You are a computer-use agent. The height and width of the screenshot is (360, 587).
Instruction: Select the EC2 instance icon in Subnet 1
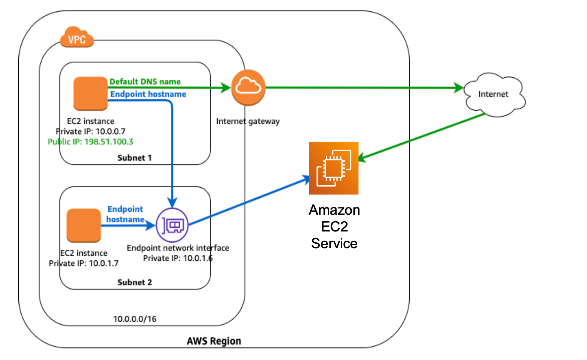tap(90, 93)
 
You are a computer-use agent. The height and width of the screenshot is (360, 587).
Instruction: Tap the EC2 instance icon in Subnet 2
tap(83, 225)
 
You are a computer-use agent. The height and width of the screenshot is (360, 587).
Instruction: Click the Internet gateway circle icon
tap(248, 87)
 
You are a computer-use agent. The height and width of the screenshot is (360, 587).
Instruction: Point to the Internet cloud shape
tap(494, 94)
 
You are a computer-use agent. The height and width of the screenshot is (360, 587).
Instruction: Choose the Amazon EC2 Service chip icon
tap(334, 168)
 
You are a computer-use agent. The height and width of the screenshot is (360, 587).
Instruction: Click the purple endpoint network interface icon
tap(173, 225)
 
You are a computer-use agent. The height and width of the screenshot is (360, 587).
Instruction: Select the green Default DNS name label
tap(145, 82)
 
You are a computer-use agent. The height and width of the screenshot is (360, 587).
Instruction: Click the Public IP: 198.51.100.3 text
tap(90, 142)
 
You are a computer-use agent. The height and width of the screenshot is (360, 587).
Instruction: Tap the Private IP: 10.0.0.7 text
tap(90, 132)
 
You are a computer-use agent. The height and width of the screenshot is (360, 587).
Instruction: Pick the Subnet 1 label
tap(134, 158)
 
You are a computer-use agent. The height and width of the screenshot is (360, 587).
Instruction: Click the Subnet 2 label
tap(134, 283)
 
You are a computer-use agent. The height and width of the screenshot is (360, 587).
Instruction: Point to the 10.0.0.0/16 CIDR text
tap(135, 319)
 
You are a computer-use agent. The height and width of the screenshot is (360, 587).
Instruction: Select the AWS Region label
tap(214, 341)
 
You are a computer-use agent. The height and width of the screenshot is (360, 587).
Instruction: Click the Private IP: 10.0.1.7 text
tap(83, 264)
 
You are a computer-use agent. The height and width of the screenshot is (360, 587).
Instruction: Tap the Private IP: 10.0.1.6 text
tap(178, 259)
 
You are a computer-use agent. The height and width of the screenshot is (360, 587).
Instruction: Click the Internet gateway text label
tap(248, 121)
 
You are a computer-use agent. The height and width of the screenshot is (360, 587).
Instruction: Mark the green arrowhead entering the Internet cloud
tap(459, 88)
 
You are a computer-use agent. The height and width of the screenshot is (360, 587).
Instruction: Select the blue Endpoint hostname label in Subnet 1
tap(148, 94)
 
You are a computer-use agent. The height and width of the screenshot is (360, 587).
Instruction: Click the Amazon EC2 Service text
tap(334, 227)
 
